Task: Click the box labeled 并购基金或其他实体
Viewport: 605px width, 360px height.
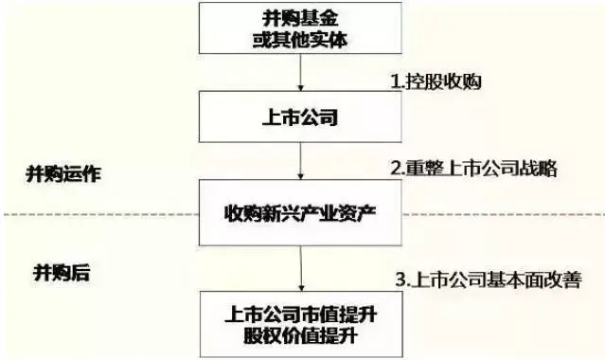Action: click(x=300, y=27)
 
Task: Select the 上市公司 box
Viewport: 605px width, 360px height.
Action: click(x=300, y=117)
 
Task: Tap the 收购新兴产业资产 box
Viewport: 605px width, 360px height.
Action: click(x=300, y=212)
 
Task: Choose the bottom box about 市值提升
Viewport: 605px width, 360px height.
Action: click(x=301, y=324)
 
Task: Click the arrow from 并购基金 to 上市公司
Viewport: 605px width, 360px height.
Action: click(x=300, y=73)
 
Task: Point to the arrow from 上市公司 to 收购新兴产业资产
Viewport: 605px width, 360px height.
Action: click(x=300, y=161)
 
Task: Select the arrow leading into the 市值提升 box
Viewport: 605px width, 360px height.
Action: click(x=301, y=268)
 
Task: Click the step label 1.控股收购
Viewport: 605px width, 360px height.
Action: click(x=436, y=81)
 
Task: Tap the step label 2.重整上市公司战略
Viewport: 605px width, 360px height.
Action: click(x=474, y=169)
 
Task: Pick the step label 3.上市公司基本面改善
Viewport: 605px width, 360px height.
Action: click(x=489, y=279)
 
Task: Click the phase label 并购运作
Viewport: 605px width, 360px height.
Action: click(x=63, y=173)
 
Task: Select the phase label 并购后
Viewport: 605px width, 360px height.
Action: click(x=62, y=273)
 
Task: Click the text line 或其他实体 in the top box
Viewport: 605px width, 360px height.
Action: click(x=300, y=39)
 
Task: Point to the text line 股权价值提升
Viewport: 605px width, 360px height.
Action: click(x=300, y=334)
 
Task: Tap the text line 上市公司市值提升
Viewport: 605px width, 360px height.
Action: click(x=301, y=315)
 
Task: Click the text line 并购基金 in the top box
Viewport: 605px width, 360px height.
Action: click(x=300, y=18)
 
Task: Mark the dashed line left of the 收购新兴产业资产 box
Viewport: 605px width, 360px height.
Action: click(x=101, y=214)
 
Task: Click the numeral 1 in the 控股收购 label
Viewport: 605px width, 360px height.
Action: click(x=395, y=81)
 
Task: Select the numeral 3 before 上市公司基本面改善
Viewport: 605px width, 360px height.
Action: click(x=400, y=279)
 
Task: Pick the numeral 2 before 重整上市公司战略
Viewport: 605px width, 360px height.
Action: click(x=396, y=169)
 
